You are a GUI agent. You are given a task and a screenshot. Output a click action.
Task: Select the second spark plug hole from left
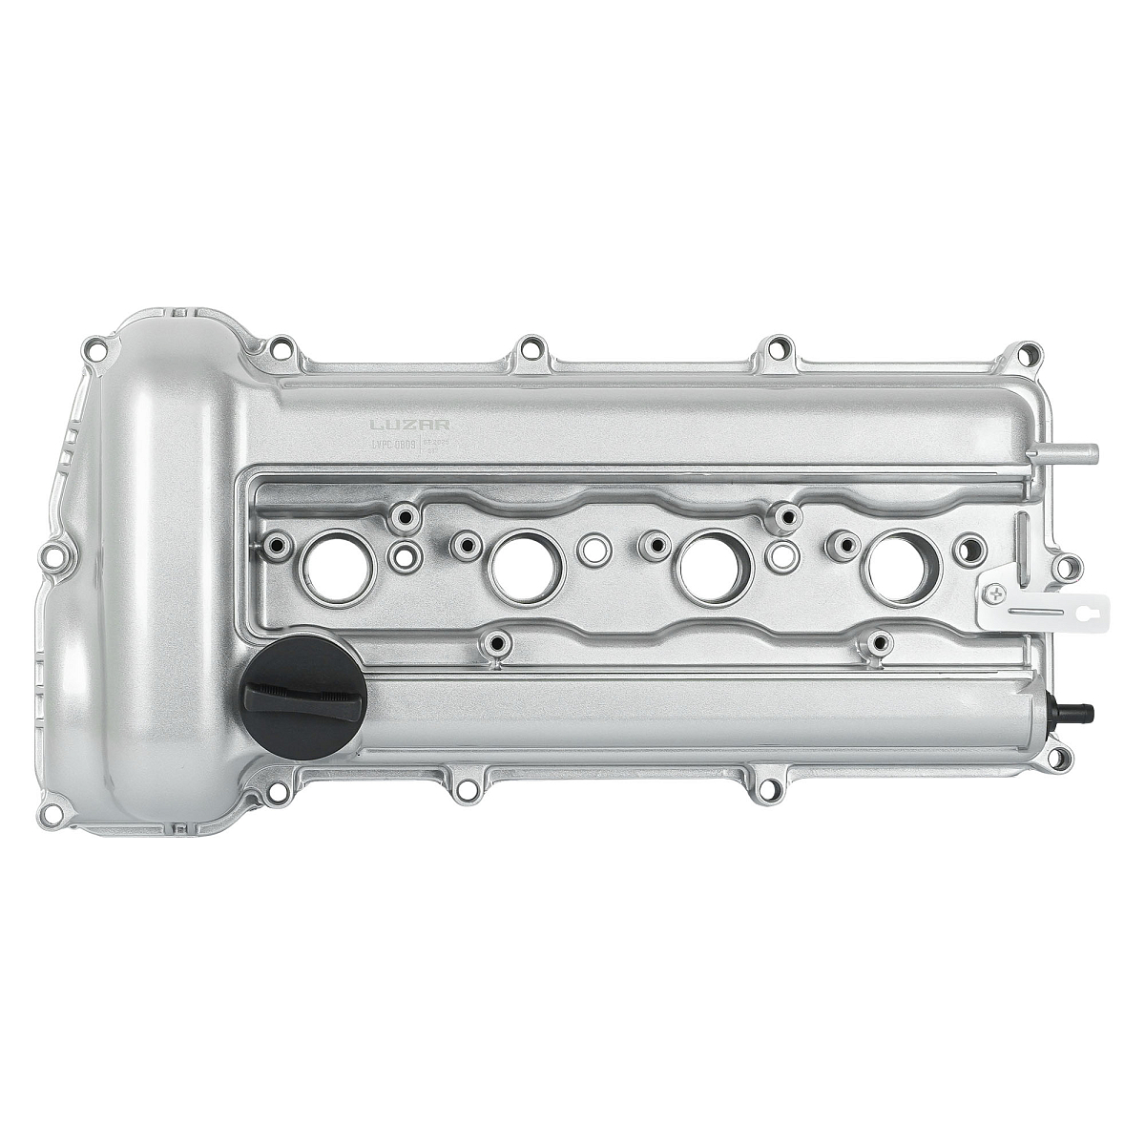pyautogui.click(x=526, y=568)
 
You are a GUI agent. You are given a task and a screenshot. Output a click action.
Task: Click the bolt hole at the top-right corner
pyautogui.click(x=1029, y=354)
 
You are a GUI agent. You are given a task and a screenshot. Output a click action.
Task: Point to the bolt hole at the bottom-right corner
pyautogui.click(x=1057, y=760)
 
